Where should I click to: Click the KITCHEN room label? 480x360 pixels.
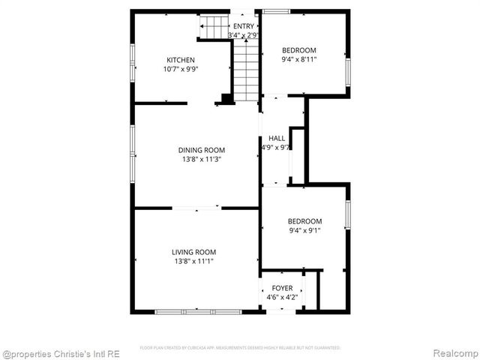pos(180,60)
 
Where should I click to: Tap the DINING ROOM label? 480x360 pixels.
pos(201,149)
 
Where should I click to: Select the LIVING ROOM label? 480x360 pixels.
pos(193,252)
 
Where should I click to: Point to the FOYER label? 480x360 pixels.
pos(282,288)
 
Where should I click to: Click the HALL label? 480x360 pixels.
pos(277,139)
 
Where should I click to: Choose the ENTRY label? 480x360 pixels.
pos(243,27)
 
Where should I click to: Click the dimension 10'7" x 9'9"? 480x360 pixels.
pos(180,70)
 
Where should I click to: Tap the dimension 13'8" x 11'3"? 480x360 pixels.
pos(201,159)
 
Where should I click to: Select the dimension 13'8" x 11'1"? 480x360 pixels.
pos(193,262)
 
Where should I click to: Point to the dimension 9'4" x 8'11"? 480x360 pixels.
pos(298,60)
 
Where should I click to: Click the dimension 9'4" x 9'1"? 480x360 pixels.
pos(304,231)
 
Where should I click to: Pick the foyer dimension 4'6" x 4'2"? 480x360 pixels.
pos(282,298)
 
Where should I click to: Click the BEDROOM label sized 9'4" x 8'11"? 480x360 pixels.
pos(298,50)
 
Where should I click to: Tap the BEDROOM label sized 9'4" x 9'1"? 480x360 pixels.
pos(304,221)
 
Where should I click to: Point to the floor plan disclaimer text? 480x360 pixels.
pos(240,348)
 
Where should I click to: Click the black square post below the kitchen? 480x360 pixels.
pos(225,99)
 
